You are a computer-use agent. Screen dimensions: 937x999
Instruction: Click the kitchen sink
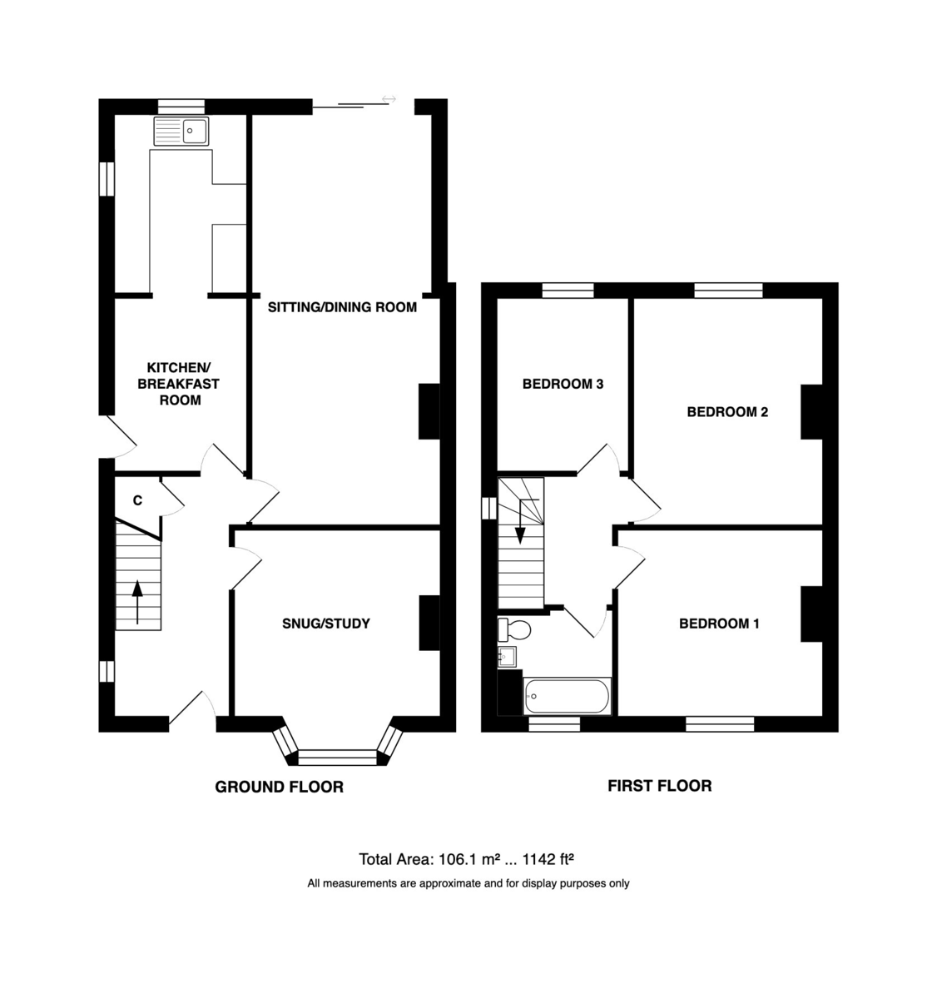(181, 132)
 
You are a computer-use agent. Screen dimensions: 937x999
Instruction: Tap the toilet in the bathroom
(514, 629)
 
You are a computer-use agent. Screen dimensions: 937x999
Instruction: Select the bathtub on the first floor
(567, 696)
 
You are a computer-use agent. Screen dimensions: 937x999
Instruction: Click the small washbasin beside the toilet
(507, 657)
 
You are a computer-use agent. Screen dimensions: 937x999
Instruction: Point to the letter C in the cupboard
(137, 500)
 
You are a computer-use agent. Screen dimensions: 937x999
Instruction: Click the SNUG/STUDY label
(326, 624)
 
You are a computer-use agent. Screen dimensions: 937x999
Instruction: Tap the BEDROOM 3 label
(563, 385)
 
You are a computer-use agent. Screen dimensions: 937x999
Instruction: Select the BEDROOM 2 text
(727, 412)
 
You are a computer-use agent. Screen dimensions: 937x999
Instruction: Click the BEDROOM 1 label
(719, 624)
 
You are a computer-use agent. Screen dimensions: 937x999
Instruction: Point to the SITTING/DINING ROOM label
(342, 307)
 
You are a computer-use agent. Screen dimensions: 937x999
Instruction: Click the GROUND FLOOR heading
(279, 787)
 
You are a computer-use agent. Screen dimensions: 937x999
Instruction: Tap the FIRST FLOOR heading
(659, 786)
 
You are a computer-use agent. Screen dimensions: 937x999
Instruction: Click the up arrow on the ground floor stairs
(137, 603)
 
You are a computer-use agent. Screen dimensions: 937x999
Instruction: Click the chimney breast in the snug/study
(429, 623)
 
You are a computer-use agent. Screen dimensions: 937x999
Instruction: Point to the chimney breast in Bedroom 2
(811, 412)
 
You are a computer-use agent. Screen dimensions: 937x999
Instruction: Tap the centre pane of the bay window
(338, 758)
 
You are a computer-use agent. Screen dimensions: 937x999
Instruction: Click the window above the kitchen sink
(181, 107)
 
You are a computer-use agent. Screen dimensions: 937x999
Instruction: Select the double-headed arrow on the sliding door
(389, 99)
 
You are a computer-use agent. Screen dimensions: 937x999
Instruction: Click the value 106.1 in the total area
(457, 859)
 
